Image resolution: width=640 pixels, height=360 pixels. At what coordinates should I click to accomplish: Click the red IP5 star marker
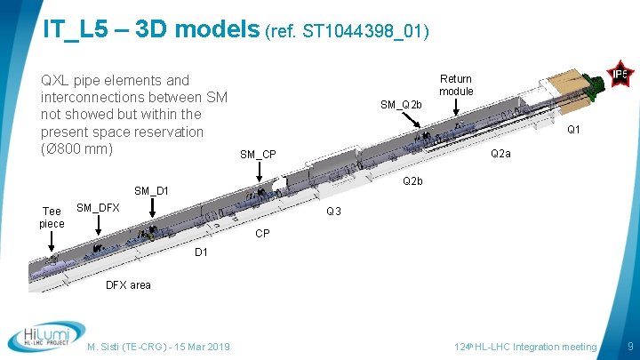click(x=620, y=74)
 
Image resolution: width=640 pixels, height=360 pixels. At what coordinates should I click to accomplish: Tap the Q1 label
click(x=573, y=130)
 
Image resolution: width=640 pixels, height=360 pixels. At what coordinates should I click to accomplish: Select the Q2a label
click(x=500, y=154)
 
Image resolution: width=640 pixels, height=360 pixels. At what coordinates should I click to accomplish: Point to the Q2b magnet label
click(x=412, y=180)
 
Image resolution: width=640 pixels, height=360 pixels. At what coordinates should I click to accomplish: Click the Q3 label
click(x=333, y=211)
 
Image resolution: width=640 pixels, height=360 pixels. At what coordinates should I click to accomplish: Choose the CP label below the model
click(x=262, y=234)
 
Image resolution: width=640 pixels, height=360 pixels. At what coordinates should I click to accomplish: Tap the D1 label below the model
click(x=201, y=252)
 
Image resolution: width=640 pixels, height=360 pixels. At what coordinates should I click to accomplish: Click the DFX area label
click(x=128, y=285)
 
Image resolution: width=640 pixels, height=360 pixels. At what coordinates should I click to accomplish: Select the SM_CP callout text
click(x=258, y=155)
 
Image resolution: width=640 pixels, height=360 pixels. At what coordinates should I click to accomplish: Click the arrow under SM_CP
click(x=259, y=172)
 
